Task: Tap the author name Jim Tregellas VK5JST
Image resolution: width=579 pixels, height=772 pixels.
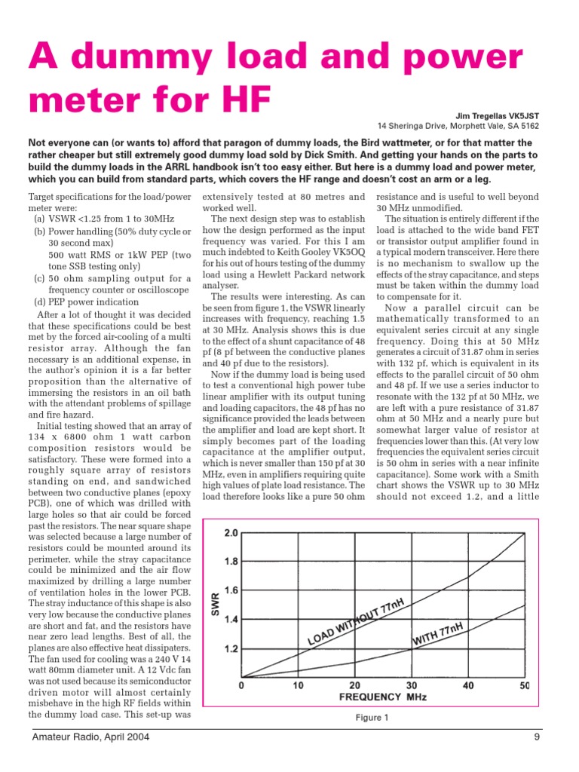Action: click(x=498, y=115)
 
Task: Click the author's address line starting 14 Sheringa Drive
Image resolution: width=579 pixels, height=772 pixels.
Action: click(x=458, y=126)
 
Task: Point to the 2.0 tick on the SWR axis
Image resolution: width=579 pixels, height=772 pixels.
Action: click(x=229, y=533)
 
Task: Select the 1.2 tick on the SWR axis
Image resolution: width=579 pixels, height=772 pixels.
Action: click(x=229, y=648)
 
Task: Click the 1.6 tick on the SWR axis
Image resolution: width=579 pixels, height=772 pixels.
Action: click(x=229, y=590)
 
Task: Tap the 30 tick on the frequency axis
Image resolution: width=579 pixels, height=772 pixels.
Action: click(x=412, y=685)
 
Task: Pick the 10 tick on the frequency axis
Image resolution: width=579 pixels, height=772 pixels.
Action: click(x=298, y=685)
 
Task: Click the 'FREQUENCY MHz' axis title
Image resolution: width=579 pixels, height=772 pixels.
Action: click(x=383, y=698)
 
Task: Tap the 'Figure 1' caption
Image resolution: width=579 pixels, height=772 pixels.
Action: click(x=372, y=718)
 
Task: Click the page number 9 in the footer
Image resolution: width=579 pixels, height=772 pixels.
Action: click(x=537, y=737)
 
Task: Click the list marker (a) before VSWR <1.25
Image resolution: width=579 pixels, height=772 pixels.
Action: click(x=40, y=218)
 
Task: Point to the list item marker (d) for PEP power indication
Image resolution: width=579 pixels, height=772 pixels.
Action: click(x=40, y=302)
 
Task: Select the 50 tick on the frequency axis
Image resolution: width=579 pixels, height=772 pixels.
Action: click(x=525, y=685)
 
